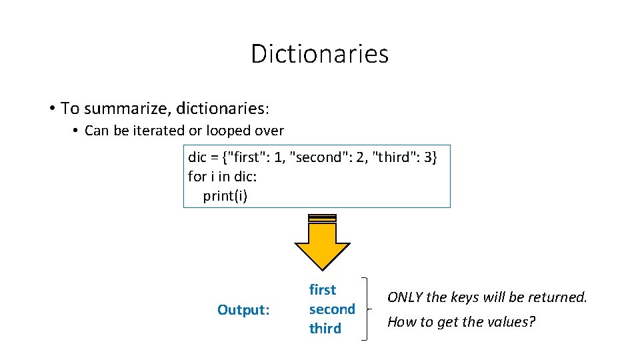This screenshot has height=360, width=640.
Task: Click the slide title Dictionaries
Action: click(x=319, y=53)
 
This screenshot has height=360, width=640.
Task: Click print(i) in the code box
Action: click(x=225, y=196)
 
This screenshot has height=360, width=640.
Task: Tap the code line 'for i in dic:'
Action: click(x=222, y=177)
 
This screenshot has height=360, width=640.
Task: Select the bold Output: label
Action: click(x=243, y=310)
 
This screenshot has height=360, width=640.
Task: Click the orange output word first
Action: click(x=323, y=290)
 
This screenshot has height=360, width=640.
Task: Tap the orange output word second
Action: click(x=332, y=309)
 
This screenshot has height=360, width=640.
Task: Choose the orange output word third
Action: click(x=325, y=329)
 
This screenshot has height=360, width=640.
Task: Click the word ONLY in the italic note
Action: click(x=406, y=297)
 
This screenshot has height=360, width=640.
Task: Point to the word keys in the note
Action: click(x=466, y=297)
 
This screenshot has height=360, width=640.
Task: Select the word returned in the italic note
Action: click(x=561, y=297)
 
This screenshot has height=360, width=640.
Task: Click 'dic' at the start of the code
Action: click(x=197, y=157)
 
